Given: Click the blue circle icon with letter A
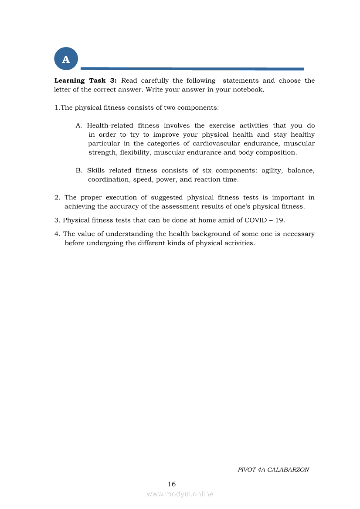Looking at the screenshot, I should (x=66, y=59).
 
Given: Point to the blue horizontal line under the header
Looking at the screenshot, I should (x=192, y=68).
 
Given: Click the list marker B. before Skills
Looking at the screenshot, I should (x=79, y=170).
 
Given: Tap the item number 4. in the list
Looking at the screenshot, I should (x=57, y=234).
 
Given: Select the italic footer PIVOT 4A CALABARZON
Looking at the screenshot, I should (x=273, y=470).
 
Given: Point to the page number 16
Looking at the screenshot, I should (x=172, y=484).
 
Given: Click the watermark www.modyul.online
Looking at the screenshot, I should (x=180, y=494).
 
